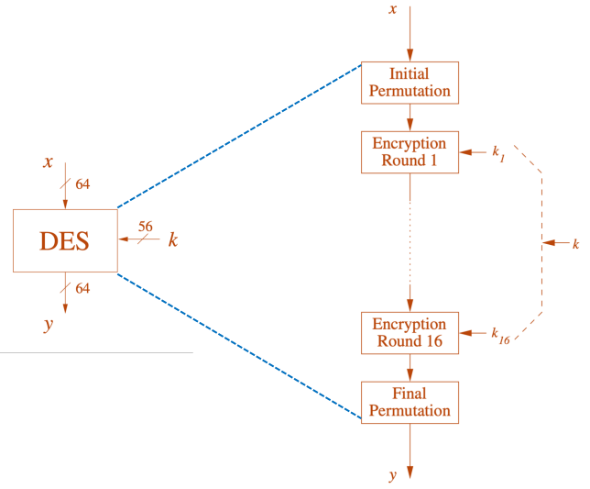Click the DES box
point(65,240)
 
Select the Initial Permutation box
point(410,83)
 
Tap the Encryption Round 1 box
point(410,151)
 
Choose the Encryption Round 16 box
point(410,333)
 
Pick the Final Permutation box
point(410,402)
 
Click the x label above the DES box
point(48,162)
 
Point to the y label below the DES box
point(48,324)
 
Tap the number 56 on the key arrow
point(146,226)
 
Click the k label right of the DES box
point(172,240)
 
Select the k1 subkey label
point(498,151)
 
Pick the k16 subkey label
point(499,334)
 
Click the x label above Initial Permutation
point(393,9)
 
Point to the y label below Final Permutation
point(393,474)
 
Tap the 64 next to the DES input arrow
point(82,184)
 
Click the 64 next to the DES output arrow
point(82,288)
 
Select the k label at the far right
point(575,243)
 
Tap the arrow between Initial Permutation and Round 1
point(410,117)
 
